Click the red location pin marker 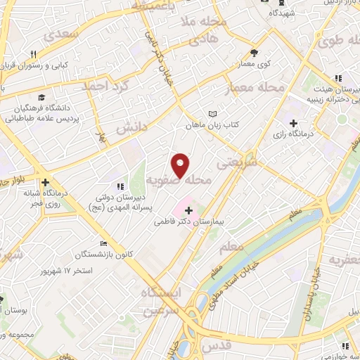pos(181,165)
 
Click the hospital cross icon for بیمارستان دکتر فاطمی pos(188,210)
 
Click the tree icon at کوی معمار pos(255,52)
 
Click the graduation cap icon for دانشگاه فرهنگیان pos(41,98)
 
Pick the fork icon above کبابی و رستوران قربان pos(32,54)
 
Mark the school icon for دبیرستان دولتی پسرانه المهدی pos(120,186)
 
